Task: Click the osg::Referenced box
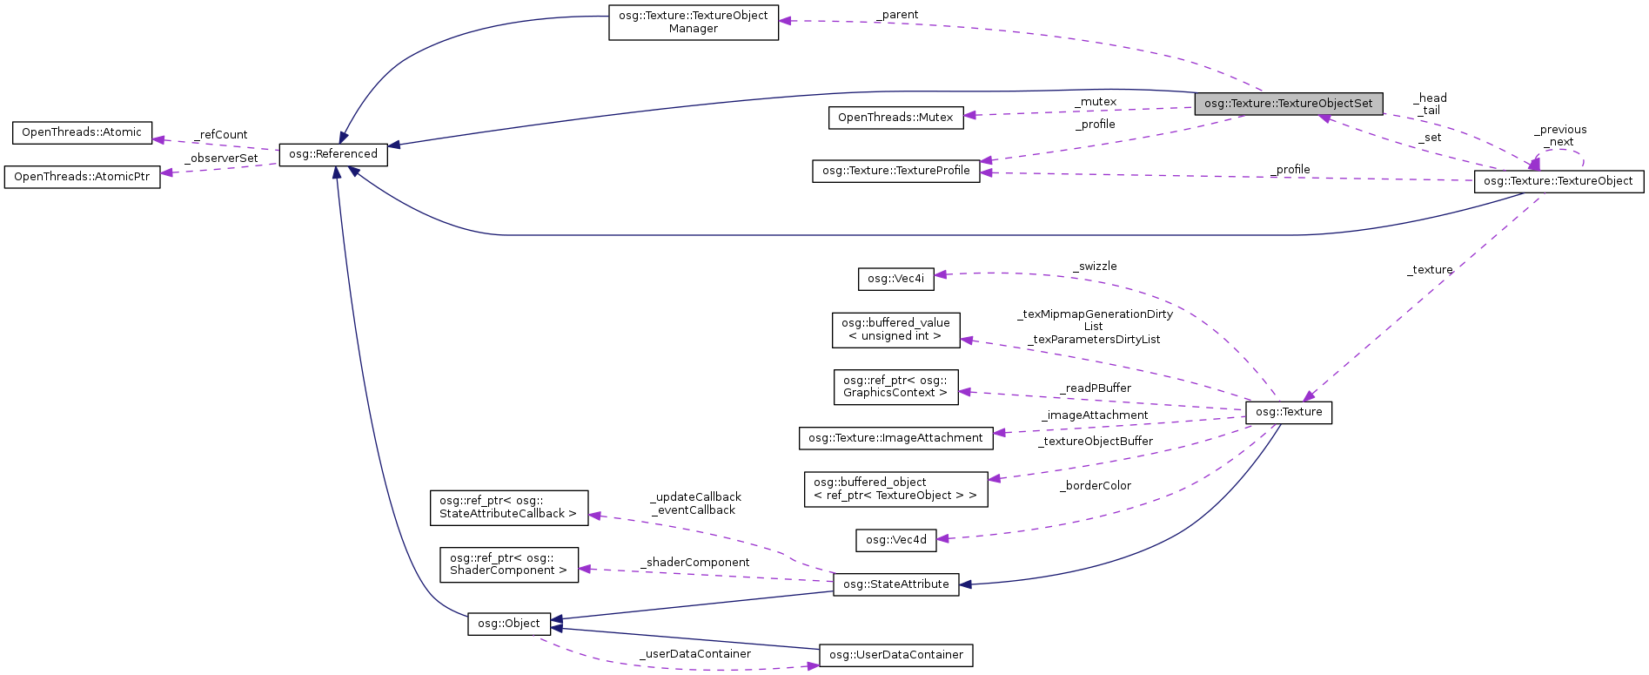point(333,154)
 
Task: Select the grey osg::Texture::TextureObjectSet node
point(1288,104)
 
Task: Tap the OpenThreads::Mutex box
point(895,118)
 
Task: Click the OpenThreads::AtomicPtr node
point(82,177)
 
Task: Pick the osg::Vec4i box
point(895,279)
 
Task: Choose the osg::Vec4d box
point(896,540)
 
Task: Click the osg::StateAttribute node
point(895,584)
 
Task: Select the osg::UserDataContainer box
point(895,655)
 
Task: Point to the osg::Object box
point(509,624)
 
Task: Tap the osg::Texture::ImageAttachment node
point(895,438)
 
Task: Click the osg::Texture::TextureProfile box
point(895,171)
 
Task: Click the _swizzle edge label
point(1095,267)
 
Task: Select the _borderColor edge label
point(1096,486)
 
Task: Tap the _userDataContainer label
point(695,654)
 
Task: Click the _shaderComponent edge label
point(695,563)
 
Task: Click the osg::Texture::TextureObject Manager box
point(693,23)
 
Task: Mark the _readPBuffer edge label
point(1096,388)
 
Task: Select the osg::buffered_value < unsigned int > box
point(895,330)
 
